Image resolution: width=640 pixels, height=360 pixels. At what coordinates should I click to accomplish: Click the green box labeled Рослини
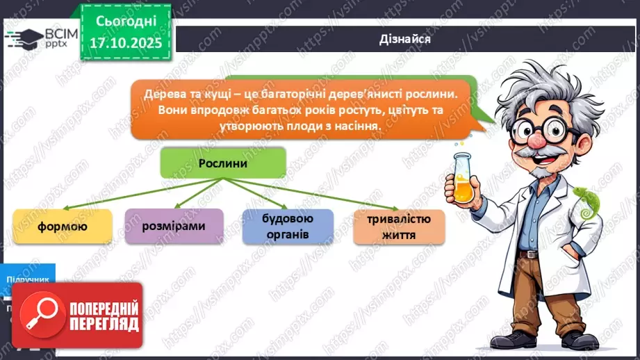[x=223, y=162]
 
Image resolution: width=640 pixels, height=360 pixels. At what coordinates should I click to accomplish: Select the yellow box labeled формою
[x=63, y=226]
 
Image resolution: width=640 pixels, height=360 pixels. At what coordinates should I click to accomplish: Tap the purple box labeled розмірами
[x=174, y=226]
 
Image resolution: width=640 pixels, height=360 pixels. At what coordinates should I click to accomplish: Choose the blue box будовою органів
[x=288, y=227]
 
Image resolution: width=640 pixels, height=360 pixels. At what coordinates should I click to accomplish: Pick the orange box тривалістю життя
[x=399, y=227]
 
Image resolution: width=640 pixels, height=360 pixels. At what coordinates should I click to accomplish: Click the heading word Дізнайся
[x=406, y=39]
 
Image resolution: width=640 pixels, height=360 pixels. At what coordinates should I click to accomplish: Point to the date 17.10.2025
[x=125, y=44]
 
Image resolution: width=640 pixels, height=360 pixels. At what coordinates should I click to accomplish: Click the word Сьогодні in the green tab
[x=125, y=22]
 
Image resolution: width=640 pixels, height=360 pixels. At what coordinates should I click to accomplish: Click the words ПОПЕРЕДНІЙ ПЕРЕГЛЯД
[x=105, y=316]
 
